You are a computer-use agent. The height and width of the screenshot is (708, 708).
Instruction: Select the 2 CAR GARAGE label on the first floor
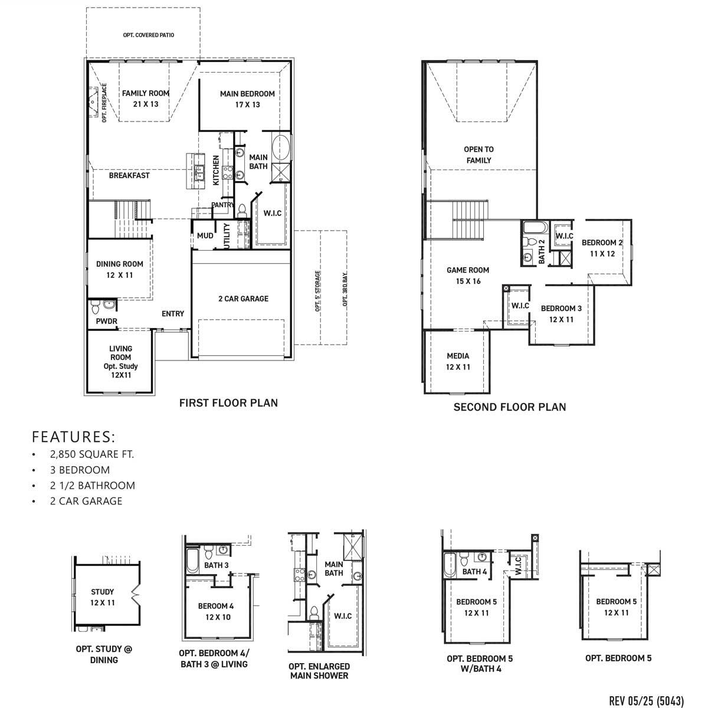coord(243,299)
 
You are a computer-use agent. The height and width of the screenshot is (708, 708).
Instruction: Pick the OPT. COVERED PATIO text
coord(149,35)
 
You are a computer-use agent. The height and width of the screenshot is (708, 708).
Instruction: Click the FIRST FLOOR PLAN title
coord(228,403)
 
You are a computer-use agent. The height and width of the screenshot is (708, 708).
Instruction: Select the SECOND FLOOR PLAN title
coord(509,407)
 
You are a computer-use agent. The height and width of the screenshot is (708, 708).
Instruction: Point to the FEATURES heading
coord(74,437)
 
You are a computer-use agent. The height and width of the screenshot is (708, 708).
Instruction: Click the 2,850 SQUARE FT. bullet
coord(92,454)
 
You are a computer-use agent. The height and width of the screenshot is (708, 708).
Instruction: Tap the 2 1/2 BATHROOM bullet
coord(93,486)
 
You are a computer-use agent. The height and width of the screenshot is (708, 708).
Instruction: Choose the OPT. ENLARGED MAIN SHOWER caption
coord(319,670)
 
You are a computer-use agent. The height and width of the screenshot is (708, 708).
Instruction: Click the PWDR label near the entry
coord(107,322)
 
